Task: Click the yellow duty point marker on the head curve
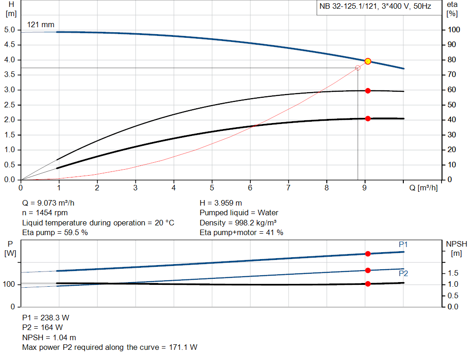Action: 368,61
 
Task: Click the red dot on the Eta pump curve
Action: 368,91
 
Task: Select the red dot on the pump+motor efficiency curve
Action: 368,118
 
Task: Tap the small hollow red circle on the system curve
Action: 358,68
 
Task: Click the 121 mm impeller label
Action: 41,24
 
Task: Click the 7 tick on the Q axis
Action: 289,188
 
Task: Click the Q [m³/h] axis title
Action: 423,188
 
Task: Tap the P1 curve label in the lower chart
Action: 403,244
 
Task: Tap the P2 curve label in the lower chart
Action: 403,273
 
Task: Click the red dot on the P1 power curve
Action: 368,254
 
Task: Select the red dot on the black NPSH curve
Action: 368,284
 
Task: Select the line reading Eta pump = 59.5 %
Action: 55,232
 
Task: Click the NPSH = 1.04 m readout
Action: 49,337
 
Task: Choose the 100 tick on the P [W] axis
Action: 10,284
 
